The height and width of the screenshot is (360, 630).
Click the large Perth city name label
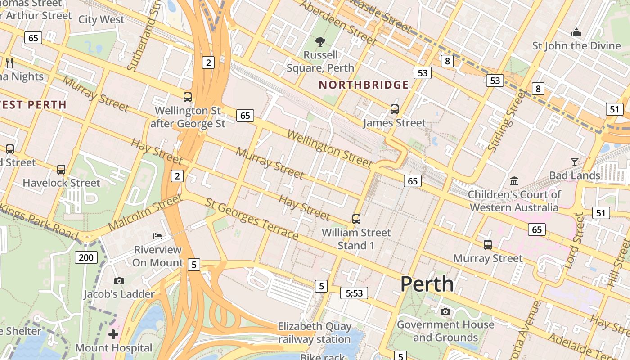tap(427, 284)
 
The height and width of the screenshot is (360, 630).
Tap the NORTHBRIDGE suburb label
tap(364, 85)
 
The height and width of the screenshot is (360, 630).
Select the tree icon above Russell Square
tap(320, 42)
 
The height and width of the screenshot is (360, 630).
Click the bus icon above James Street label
tap(395, 109)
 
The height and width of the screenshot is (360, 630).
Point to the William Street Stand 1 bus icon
tap(356, 219)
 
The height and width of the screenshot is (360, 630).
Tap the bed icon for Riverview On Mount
tap(157, 236)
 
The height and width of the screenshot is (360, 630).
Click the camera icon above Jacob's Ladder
tap(119, 281)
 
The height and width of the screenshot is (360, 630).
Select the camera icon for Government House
tap(445, 311)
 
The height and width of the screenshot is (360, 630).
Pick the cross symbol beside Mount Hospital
tap(113, 334)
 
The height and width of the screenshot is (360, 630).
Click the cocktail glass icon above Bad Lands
tap(575, 162)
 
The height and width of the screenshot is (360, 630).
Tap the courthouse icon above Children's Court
tap(514, 181)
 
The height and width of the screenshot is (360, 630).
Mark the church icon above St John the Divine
tap(576, 32)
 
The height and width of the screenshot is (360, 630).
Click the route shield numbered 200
tap(85, 257)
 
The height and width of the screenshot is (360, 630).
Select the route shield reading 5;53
tap(354, 293)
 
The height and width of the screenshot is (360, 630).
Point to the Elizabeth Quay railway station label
tap(314, 333)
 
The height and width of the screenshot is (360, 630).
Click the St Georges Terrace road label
tap(252, 219)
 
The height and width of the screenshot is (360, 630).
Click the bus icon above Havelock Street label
tap(61, 170)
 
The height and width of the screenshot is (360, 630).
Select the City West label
tap(101, 19)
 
